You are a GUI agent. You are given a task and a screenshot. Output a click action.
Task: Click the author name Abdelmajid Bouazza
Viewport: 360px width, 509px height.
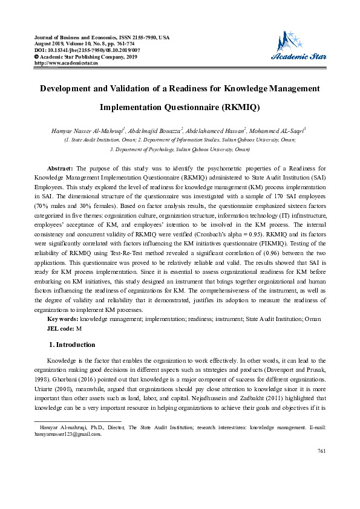[x=154, y=130]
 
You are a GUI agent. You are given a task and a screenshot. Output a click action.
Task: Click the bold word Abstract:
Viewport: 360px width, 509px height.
[x=61, y=167]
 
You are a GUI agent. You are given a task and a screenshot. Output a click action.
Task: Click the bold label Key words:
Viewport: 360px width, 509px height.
[x=62, y=319]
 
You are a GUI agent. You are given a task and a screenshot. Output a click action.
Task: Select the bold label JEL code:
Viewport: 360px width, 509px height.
[x=61, y=328]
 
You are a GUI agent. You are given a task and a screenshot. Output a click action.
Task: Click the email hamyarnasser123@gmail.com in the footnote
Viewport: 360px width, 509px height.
[x=68, y=434]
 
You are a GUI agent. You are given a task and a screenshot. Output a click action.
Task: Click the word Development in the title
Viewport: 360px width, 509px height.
[x=69, y=89]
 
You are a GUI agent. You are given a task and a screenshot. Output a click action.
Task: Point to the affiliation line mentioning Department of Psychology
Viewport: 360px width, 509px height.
[x=180, y=148]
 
